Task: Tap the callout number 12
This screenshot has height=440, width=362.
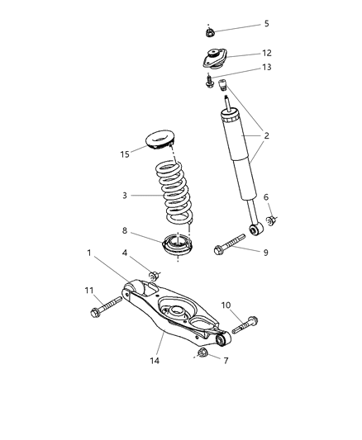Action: (x=267, y=53)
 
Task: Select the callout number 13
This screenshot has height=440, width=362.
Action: (x=267, y=68)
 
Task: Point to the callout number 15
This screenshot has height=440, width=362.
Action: (x=124, y=154)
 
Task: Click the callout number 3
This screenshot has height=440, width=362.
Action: (x=125, y=196)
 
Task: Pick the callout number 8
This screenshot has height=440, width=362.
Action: (x=124, y=232)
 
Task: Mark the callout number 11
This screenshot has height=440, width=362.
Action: (x=88, y=290)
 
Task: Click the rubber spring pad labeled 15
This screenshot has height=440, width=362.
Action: (x=164, y=140)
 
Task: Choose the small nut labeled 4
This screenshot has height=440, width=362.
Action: (x=154, y=273)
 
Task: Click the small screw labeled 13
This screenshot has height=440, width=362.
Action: (x=210, y=82)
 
